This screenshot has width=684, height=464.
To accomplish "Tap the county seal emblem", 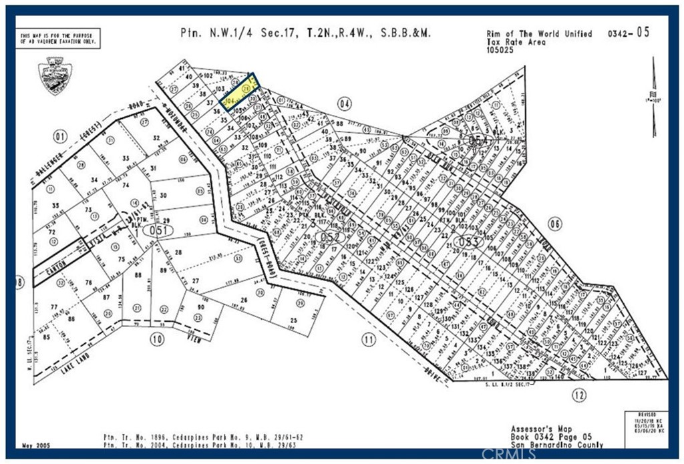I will coord(55,75).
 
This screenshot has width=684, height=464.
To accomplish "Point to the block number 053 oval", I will coord(466,241).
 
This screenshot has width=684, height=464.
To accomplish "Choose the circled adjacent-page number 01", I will coord(61,138).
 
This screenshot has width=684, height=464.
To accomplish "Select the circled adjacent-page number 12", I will coord(578,395).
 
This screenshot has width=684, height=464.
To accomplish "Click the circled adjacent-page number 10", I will coord(156,340).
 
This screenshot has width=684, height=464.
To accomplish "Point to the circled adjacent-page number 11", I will coord(368,340).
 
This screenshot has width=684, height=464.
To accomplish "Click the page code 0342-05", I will coord(627,33).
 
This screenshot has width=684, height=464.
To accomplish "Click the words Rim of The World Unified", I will coord(538,33).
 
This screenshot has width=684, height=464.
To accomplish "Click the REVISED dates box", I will coord(645,424).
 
